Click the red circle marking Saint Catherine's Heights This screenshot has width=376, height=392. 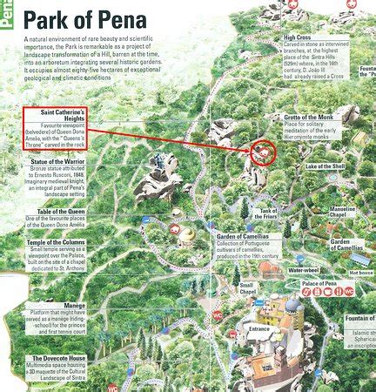click(x=261, y=153)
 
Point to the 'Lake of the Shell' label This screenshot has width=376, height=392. click(x=326, y=166)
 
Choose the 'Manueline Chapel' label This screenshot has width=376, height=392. click(x=342, y=213)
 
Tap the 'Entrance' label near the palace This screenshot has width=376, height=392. click(x=259, y=329)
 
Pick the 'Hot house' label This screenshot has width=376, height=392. click(x=360, y=273)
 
